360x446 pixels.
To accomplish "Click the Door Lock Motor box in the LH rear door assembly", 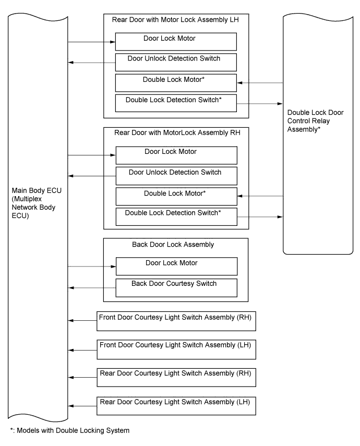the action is tap(176, 42).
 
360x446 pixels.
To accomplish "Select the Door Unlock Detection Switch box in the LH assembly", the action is tap(176, 62).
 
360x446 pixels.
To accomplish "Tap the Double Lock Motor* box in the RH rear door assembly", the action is tap(176, 196).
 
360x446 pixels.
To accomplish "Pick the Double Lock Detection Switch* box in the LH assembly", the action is tap(176, 103).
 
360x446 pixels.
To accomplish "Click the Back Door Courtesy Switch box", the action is tap(176, 288).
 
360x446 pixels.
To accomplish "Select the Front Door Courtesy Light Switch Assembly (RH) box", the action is tap(176, 321).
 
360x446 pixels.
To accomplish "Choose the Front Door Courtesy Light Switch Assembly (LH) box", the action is tap(176, 349).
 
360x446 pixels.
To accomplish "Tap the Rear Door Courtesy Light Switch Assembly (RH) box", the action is tap(176, 378).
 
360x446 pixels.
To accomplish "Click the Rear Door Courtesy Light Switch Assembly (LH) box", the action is tap(176, 406).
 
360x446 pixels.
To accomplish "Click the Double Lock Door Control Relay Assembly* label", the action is tap(315, 121).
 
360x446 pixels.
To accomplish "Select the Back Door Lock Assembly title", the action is tap(173, 245).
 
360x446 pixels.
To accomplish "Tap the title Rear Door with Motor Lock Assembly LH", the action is tap(175, 20).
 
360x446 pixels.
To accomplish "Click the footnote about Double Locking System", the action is tap(70, 430).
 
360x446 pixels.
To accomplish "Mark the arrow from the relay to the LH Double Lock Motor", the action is tap(260, 83).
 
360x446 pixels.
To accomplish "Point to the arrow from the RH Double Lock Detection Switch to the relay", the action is tap(260, 217).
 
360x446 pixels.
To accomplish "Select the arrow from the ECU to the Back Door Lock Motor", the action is tap(92, 267).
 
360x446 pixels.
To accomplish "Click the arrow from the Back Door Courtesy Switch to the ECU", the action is tap(92, 288).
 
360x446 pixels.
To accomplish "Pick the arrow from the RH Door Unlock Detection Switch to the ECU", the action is tap(92, 176).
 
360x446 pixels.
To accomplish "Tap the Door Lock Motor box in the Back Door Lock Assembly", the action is tap(176, 267).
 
